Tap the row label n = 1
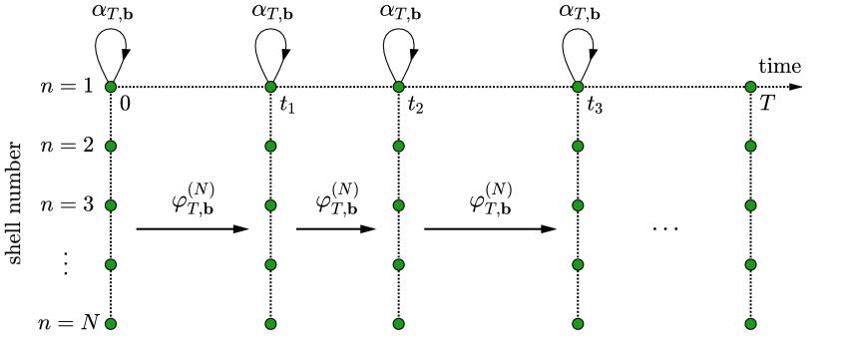[x=66, y=87]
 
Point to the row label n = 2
[x=66, y=147]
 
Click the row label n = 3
[x=66, y=205]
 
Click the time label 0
[x=126, y=103]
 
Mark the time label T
[x=766, y=103]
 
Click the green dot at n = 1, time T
[x=750, y=87]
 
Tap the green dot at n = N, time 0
[x=111, y=323]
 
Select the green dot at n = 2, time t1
[x=269, y=147]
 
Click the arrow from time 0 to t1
[x=191, y=229]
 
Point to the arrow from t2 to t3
[x=489, y=229]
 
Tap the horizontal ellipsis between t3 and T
[x=664, y=229]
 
